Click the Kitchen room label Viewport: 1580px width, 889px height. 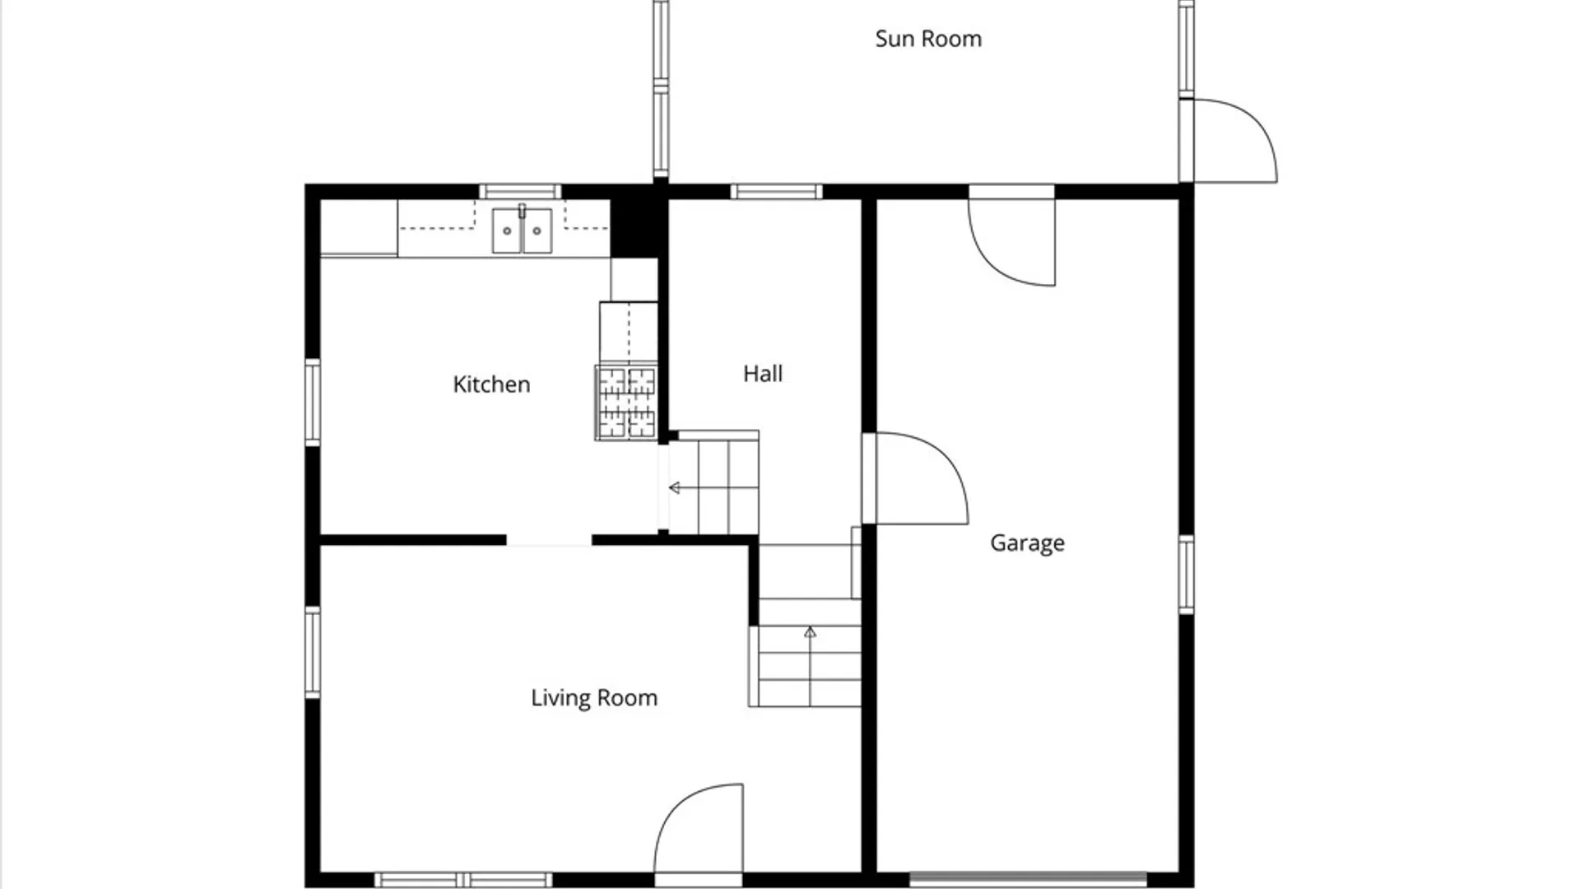491,384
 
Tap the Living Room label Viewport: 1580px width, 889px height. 594,698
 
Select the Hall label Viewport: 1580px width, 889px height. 763,374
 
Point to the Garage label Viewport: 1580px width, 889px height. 1027,543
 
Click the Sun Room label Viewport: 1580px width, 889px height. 928,39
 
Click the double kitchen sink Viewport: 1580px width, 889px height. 522,230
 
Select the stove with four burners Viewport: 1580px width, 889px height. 626,403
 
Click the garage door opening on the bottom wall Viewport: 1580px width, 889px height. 1028,879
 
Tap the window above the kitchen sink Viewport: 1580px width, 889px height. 520,192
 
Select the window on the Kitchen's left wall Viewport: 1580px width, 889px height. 313,403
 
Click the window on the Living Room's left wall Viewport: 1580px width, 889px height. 313,653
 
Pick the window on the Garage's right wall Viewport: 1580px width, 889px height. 1186,575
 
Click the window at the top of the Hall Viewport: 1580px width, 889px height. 776,192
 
